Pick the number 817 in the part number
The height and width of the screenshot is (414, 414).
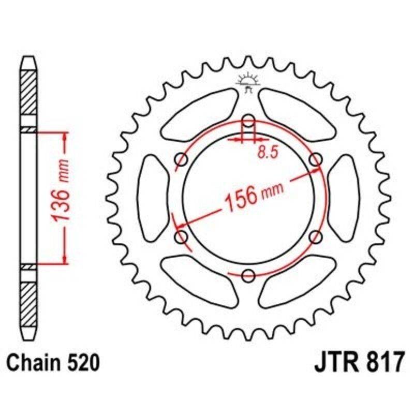click(382, 362)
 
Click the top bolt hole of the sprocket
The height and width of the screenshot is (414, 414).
click(248, 122)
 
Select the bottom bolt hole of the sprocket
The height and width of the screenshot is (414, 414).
click(248, 275)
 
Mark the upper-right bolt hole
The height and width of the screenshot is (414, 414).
click(315, 160)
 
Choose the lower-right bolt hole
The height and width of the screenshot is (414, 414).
click(315, 236)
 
